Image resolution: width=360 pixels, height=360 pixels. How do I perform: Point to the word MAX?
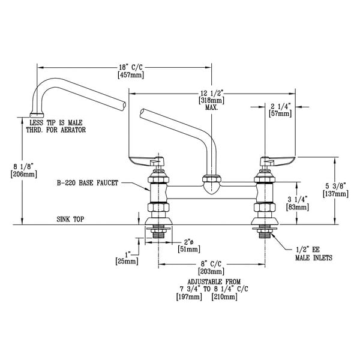tap(212, 109)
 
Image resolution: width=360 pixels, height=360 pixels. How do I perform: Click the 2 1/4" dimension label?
tap(281, 106)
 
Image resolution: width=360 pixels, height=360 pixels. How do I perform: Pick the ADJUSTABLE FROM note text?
tap(212, 281)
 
